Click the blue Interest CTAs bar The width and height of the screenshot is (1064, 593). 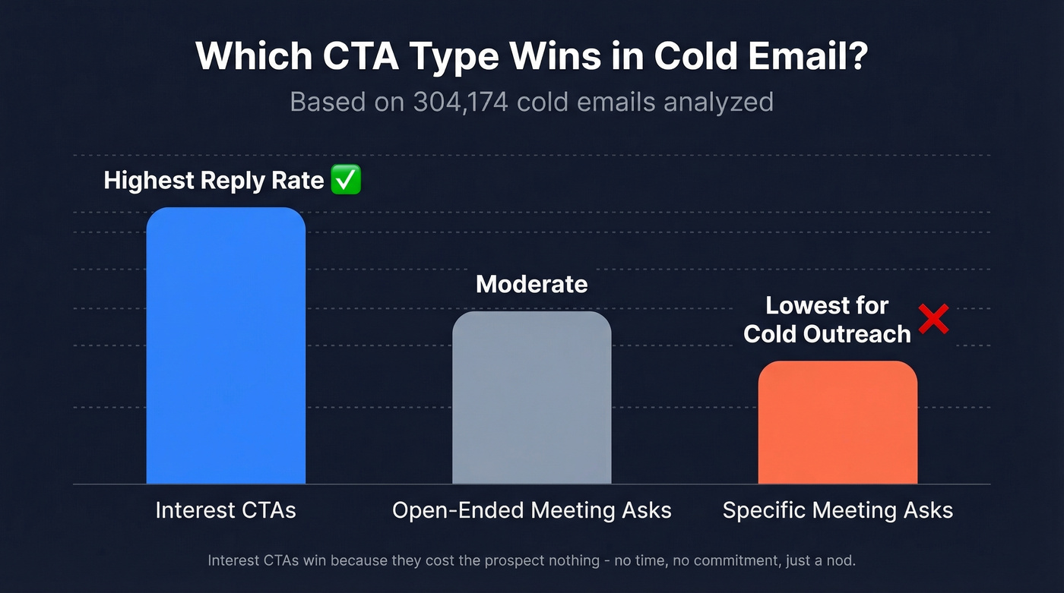226,345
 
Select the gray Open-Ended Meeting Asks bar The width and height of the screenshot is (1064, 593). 531,397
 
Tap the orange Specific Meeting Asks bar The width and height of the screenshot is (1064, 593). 838,422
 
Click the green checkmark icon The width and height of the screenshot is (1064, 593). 347,181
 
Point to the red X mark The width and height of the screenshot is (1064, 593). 933,320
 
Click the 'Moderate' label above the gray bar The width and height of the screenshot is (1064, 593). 531,285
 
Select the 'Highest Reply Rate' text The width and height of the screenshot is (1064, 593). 214,181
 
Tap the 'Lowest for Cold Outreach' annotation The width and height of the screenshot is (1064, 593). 827,320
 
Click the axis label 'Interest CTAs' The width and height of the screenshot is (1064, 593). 226,510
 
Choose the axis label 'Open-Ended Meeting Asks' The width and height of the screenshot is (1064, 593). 531,510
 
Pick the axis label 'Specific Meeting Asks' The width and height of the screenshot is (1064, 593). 838,510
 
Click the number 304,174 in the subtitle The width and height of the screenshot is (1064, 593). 461,102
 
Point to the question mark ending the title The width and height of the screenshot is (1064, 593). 857,57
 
